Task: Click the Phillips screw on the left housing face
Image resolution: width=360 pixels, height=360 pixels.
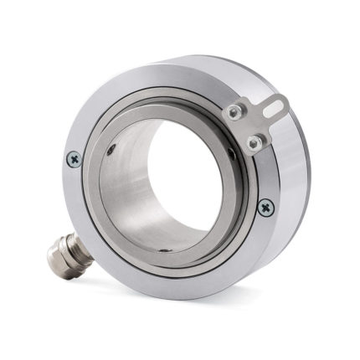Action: [x=74, y=157]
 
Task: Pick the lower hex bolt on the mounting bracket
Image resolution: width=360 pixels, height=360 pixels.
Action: [x=252, y=143]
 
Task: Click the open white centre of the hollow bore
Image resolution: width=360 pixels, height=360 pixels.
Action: [x=188, y=167]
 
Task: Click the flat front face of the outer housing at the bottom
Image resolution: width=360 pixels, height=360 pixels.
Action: [x=167, y=280]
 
